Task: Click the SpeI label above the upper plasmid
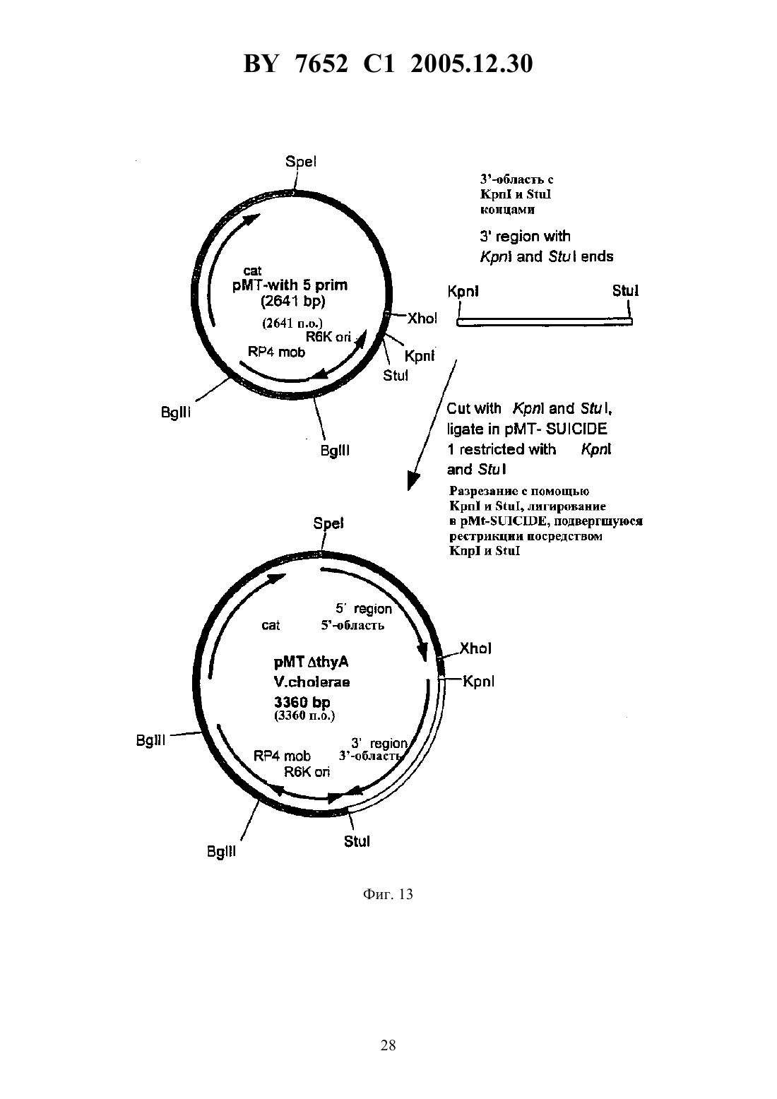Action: [x=301, y=162]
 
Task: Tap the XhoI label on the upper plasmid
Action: [x=422, y=319]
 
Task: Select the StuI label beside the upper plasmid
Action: [x=396, y=375]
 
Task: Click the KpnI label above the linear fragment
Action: [x=463, y=292]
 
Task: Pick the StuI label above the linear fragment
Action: [x=625, y=291]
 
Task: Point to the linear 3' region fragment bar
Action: [x=545, y=322]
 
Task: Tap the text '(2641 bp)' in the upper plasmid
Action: [x=293, y=302]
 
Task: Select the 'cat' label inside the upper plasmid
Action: [x=252, y=271]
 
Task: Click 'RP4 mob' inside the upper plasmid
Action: [x=276, y=352]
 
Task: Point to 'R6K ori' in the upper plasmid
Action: [x=328, y=337]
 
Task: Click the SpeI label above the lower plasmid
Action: [x=328, y=523]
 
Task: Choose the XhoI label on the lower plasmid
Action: [x=475, y=648]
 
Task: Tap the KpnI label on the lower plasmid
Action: [x=479, y=682]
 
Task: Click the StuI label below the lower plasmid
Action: [x=357, y=841]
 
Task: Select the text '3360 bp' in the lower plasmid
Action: [x=302, y=703]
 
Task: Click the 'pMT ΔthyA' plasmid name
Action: [x=311, y=663]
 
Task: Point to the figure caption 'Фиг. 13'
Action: [x=388, y=894]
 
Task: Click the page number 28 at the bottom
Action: [x=388, y=1045]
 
